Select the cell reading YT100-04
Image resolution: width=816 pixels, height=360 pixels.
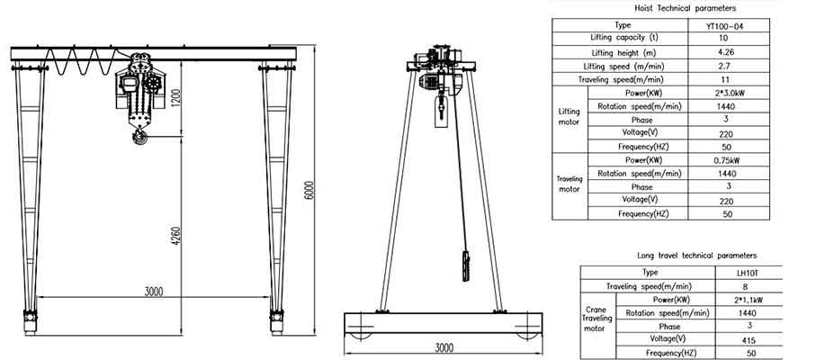[725, 25]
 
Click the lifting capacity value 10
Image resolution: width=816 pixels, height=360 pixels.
[725, 39]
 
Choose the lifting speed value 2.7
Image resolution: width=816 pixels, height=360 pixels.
[725, 67]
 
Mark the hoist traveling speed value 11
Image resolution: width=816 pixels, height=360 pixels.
[725, 80]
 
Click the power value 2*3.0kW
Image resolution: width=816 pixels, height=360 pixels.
[725, 94]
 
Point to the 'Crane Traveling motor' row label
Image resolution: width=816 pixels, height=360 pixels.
[597, 319]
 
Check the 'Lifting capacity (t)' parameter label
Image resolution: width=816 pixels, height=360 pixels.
[624, 39]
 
